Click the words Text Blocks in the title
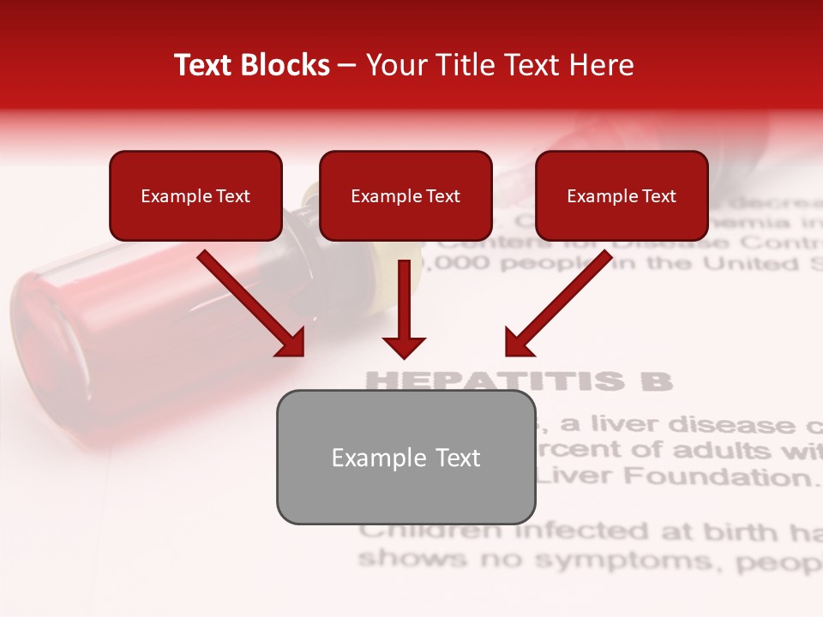pos(251,65)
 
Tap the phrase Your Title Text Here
pos(500,65)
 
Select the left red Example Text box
pos(195,195)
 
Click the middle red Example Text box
pos(405,195)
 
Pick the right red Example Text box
pos(622,195)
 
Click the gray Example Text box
pos(405,458)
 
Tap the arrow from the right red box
pos(558,304)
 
